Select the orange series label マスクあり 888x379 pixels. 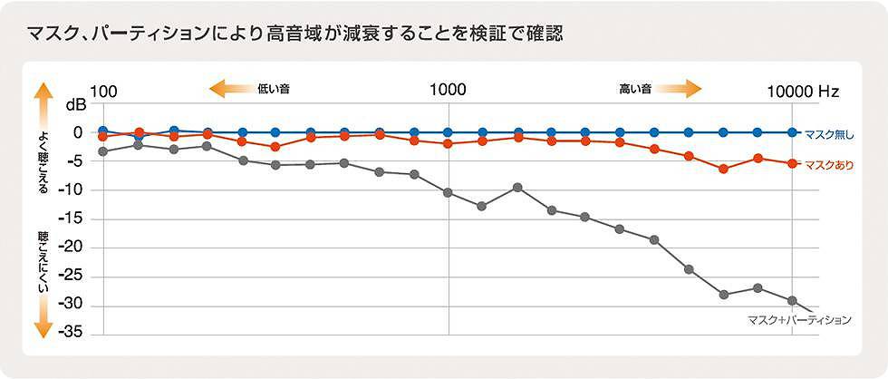(829, 165)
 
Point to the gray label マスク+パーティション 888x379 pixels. (798, 320)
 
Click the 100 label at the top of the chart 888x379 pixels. (104, 91)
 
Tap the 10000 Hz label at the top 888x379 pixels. (803, 91)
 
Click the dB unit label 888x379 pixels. (75, 106)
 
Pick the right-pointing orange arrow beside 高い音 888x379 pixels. (679, 89)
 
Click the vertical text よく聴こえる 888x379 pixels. (43, 162)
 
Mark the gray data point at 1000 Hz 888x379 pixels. (448, 192)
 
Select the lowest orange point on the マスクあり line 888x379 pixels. (723, 169)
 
